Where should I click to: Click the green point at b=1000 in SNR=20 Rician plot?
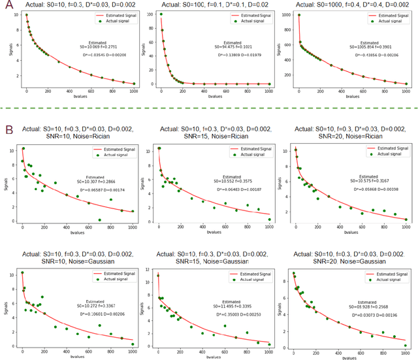click(x=406, y=220)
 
